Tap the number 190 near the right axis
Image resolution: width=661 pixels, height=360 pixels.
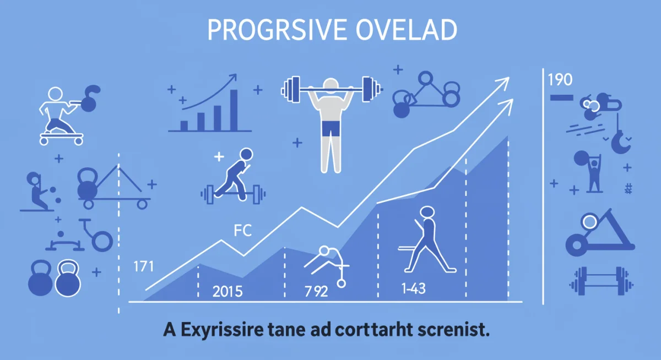pos(561,80)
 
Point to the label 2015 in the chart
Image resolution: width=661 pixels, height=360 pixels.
pos(227,292)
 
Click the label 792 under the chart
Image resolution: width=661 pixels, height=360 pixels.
pos(316,292)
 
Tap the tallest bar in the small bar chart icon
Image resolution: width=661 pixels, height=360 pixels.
pos(234,110)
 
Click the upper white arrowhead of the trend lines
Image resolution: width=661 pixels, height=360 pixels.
pos(502,83)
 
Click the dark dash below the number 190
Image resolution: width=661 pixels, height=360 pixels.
pos(561,97)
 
